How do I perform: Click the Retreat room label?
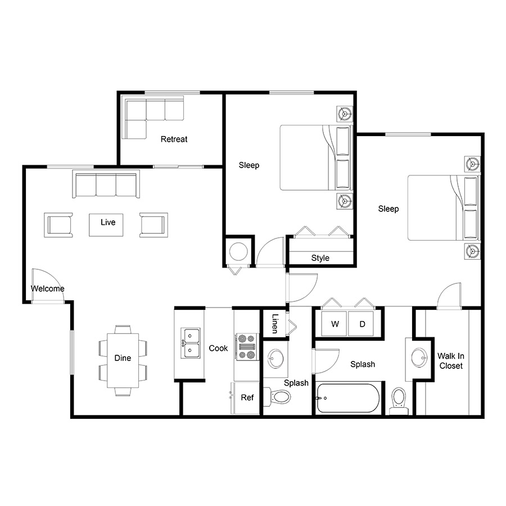174,139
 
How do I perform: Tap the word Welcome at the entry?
47,288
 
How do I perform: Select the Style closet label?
320,258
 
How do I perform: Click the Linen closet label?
274,323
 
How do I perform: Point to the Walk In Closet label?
451,361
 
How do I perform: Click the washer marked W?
335,324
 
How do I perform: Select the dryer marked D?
361,324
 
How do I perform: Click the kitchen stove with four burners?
247,347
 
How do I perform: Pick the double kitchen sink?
190,343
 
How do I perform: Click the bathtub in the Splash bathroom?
348,398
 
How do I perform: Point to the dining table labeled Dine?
123,360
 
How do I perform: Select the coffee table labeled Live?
106,225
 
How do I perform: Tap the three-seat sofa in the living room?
106,184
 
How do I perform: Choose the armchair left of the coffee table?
58,225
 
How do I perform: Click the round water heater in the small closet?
238,251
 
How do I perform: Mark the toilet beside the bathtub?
399,401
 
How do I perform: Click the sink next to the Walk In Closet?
419,358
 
